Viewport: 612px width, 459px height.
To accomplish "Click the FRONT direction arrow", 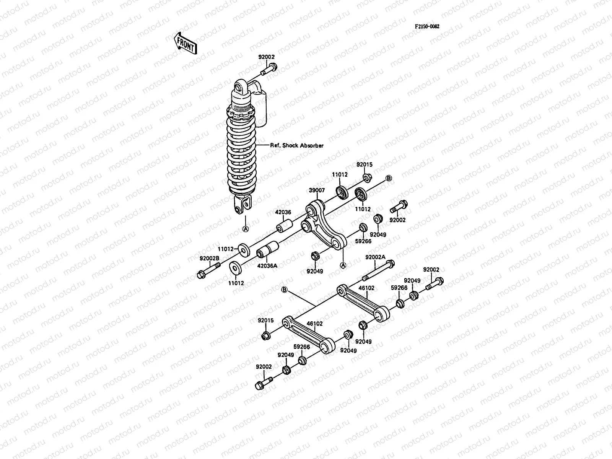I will click(x=186, y=43).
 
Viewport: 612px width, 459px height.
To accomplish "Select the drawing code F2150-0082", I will click(x=427, y=26).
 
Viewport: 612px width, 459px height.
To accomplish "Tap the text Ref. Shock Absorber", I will click(x=297, y=145).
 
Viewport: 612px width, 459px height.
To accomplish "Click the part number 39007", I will click(x=317, y=190).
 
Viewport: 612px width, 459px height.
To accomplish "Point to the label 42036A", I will click(x=267, y=265).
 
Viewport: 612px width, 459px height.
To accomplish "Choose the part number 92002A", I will click(x=376, y=257).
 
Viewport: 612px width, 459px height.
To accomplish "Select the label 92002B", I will click(x=209, y=258).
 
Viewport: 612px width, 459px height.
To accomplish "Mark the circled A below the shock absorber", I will click(x=246, y=229).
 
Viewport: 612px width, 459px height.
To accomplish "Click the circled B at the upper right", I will click(x=388, y=178).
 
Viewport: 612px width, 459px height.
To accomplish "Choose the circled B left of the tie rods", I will click(x=284, y=290).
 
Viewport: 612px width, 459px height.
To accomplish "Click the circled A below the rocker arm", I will click(x=343, y=265).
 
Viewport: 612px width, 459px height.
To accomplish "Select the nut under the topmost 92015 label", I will click(x=366, y=177).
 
